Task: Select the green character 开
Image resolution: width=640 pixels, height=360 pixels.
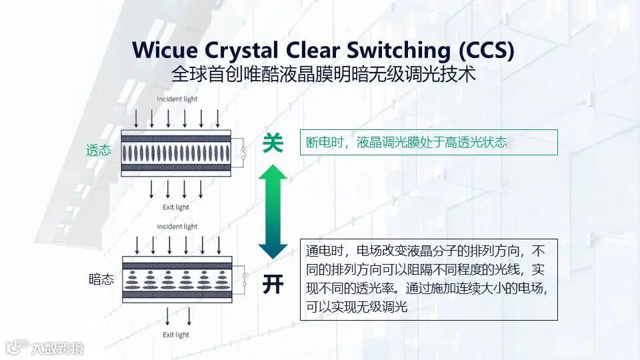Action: pyautogui.click(x=273, y=284)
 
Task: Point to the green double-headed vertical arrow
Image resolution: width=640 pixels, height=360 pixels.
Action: pyautogui.click(x=273, y=212)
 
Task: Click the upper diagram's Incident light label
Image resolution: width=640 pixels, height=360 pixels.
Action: pyautogui.click(x=177, y=99)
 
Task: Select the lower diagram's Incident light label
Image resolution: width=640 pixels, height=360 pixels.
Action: pyautogui.click(x=177, y=227)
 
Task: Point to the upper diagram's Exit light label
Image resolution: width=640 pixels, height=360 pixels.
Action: pyautogui.click(x=176, y=207)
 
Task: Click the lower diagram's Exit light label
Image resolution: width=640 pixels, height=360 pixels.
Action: pyautogui.click(x=176, y=335)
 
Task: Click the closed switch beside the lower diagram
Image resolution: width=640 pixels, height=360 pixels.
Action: pyautogui.click(x=245, y=279)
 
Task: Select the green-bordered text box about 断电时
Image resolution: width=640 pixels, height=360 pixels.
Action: pyautogui.click(x=428, y=142)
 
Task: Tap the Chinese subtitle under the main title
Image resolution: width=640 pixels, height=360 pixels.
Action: pyautogui.click(x=323, y=73)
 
